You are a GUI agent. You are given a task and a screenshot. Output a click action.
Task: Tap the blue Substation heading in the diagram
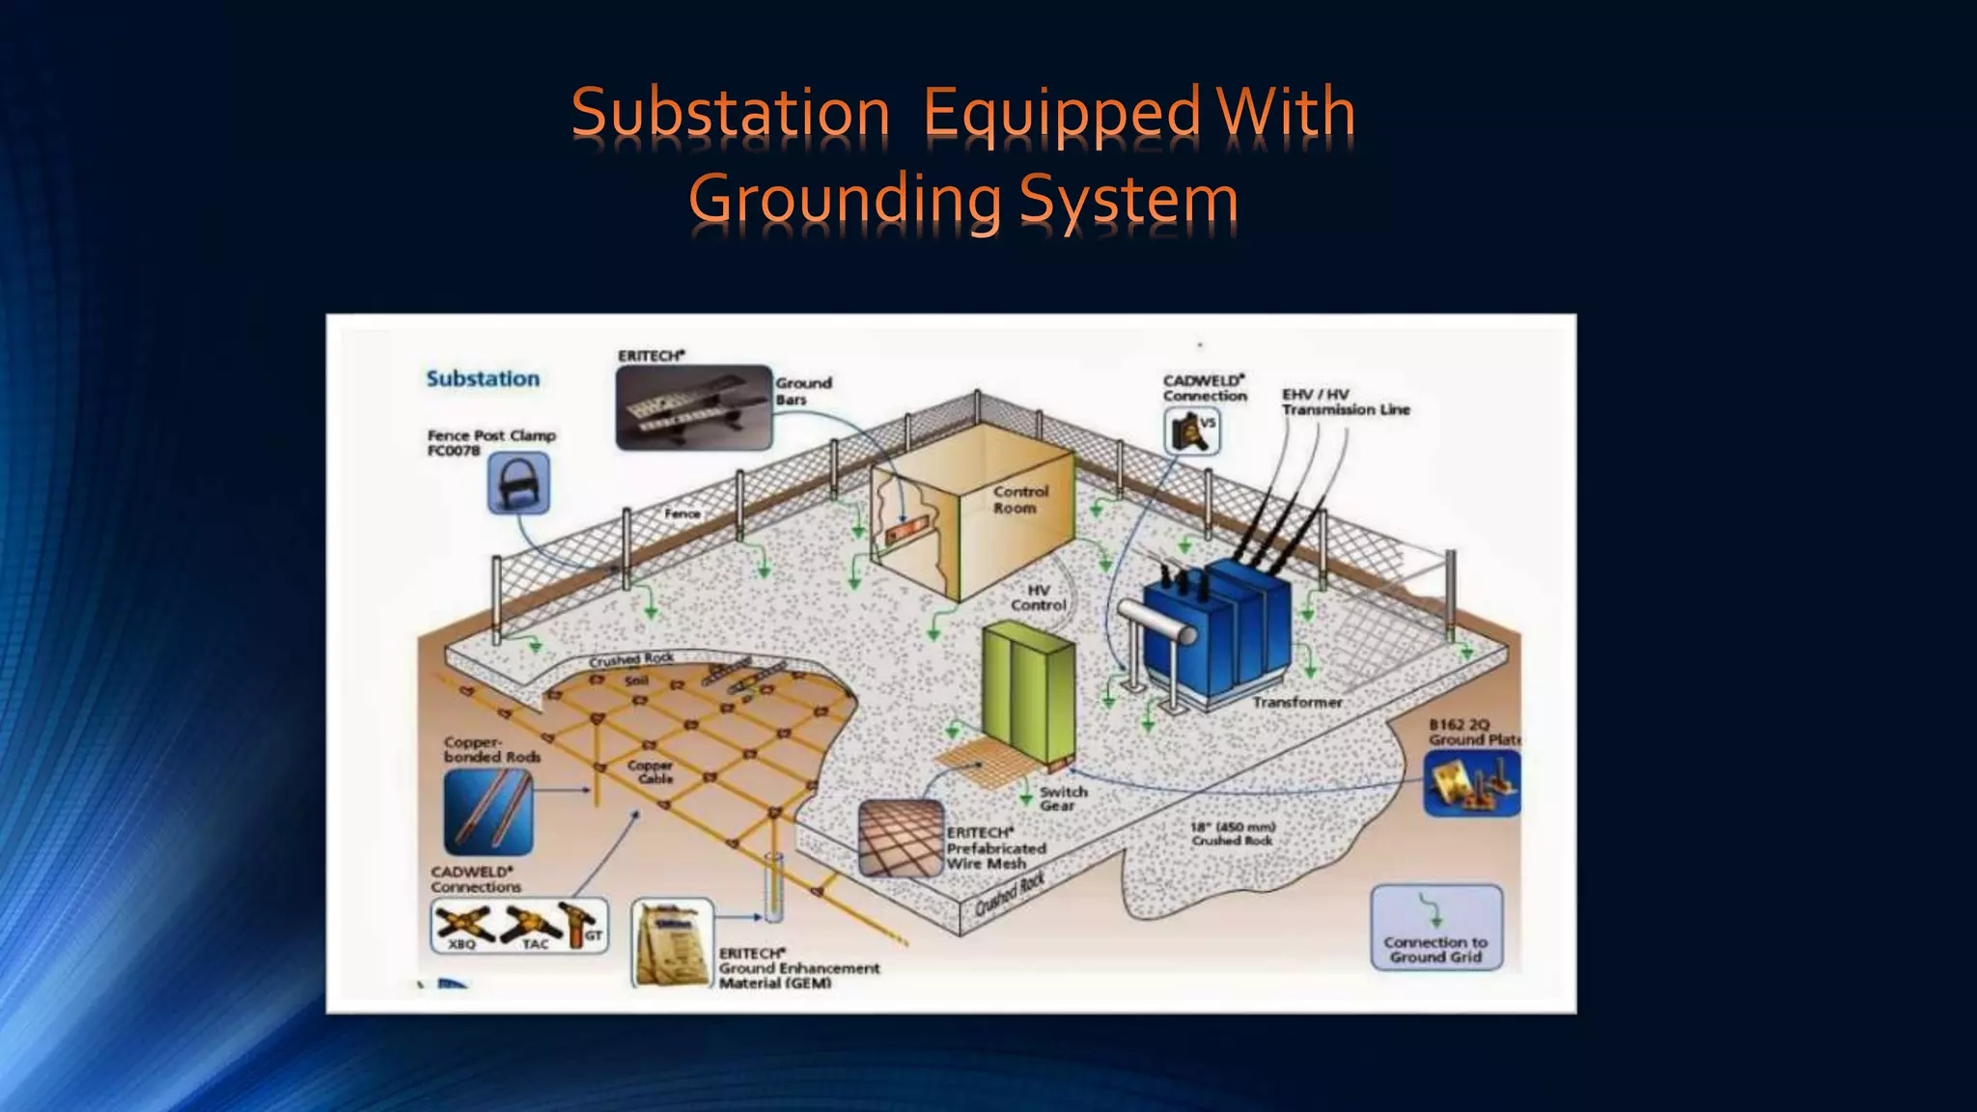[483, 378]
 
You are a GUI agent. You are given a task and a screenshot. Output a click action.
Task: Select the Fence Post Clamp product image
[518, 483]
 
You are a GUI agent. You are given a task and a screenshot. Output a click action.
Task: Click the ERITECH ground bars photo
[694, 407]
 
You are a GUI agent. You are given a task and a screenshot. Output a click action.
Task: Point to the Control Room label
[1019, 499]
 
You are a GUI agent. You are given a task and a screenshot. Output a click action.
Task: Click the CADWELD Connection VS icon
[1192, 431]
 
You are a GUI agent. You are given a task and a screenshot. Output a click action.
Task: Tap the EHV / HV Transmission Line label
[1345, 402]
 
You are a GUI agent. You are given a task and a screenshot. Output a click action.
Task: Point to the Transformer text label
[1296, 702]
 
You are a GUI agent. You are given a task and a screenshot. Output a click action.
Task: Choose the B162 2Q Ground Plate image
[1471, 783]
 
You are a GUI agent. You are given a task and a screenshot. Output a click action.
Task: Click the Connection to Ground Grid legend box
[1436, 928]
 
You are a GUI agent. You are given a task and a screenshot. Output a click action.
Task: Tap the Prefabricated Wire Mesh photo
[900, 838]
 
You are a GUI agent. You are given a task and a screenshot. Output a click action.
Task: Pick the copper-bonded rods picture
[488, 812]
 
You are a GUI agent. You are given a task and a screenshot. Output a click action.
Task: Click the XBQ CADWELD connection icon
[460, 926]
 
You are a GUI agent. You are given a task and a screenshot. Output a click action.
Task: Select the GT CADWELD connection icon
[586, 924]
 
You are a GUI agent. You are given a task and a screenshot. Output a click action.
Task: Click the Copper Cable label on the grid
[650, 771]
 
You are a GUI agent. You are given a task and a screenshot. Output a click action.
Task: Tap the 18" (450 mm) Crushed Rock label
[1233, 833]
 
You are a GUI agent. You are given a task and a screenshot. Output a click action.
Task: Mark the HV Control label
[1038, 598]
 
